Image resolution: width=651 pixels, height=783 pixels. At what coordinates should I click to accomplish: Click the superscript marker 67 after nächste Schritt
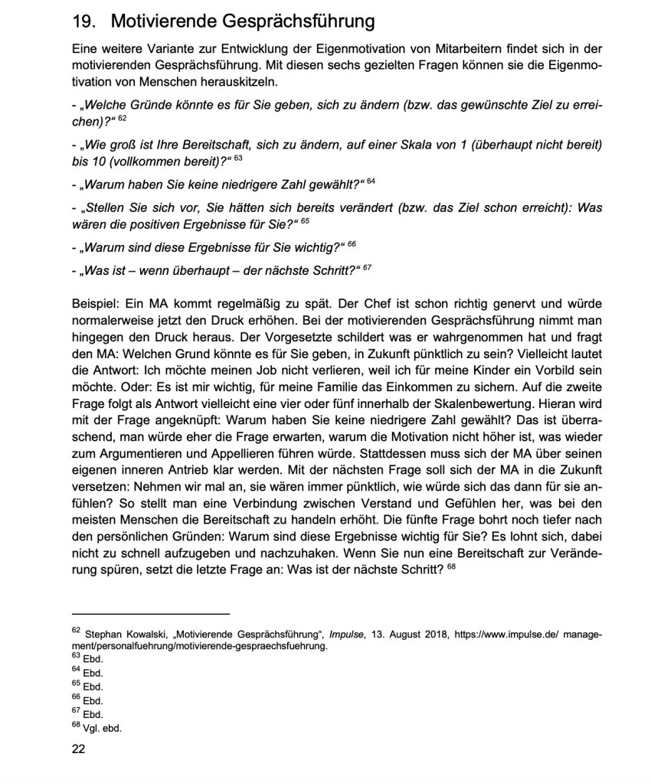(x=367, y=266)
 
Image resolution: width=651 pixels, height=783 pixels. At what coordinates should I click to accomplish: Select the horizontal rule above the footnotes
(x=150, y=613)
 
